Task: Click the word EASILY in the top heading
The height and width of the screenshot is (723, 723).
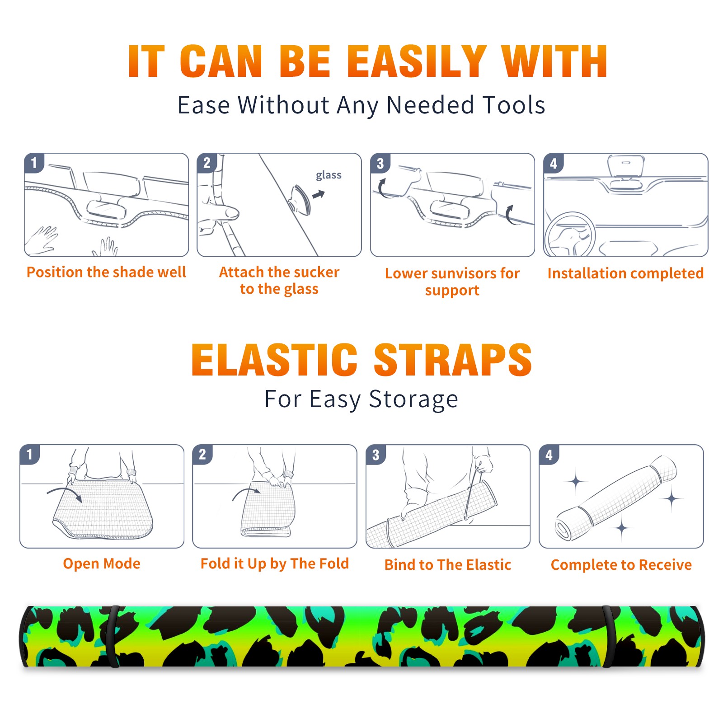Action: (x=417, y=61)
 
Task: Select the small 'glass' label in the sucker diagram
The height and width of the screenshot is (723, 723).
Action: (x=329, y=175)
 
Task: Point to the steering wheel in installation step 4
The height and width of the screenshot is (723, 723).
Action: (x=570, y=235)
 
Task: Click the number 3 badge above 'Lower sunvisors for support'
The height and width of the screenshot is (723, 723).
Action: (x=380, y=163)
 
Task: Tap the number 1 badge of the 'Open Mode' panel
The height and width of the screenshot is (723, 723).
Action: (x=30, y=454)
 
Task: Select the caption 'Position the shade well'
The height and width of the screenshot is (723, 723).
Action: (x=106, y=272)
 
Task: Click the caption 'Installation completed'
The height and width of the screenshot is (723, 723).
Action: (x=625, y=273)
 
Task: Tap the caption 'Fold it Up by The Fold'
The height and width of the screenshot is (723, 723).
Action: (x=275, y=563)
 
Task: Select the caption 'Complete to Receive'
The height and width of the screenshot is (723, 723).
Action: (x=621, y=565)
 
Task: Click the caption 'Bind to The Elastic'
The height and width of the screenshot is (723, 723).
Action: (x=448, y=565)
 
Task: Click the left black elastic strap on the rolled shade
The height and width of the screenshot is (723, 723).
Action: (x=113, y=636)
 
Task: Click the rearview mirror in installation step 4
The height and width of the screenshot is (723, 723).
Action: (x=626, y=166)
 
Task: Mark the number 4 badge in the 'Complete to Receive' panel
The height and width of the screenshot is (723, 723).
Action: (x=549, y=455)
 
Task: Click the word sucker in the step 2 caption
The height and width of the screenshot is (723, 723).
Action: (x=316, y=272)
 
